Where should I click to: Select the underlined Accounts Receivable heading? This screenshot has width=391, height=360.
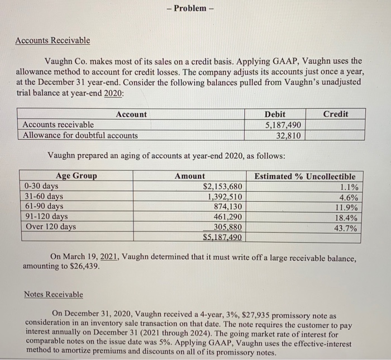tap(52, 41)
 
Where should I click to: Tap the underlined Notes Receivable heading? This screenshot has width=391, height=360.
tap(54, 294)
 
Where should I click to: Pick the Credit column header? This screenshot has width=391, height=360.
tap(336, 114)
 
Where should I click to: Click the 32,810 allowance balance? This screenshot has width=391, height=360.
tap(289, 135)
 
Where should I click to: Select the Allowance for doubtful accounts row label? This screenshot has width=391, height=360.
tap(80, 135)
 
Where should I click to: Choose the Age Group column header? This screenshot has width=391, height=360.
tap(76, 176)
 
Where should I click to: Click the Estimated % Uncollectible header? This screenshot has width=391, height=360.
tap(304, 176)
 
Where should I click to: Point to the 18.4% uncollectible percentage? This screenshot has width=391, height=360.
tap(346, 217)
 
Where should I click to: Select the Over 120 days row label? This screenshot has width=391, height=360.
tap(50, 227)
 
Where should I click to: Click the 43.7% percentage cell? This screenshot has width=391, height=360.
tap(346, 228)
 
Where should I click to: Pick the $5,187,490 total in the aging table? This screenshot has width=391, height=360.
tap(222, 237)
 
